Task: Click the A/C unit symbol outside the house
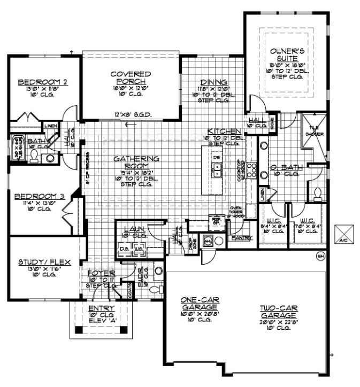pyautogui.click(x=341, y=234)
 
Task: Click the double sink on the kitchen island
pyautogui.click(x=217, y=171)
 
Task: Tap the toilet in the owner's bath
pyautogui.click(x=317, y=191)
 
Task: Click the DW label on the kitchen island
pyautogui.click(x=217, y=158)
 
